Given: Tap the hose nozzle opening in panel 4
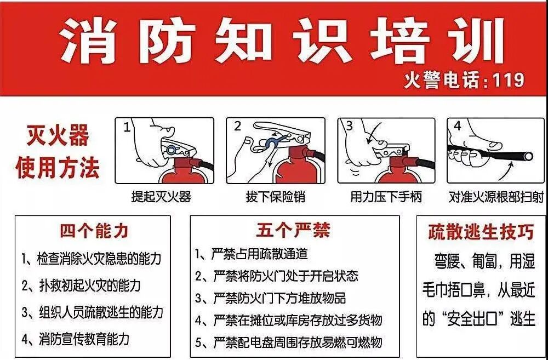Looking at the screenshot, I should coord(528,157).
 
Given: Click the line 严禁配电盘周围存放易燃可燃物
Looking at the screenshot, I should coord(289,343).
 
